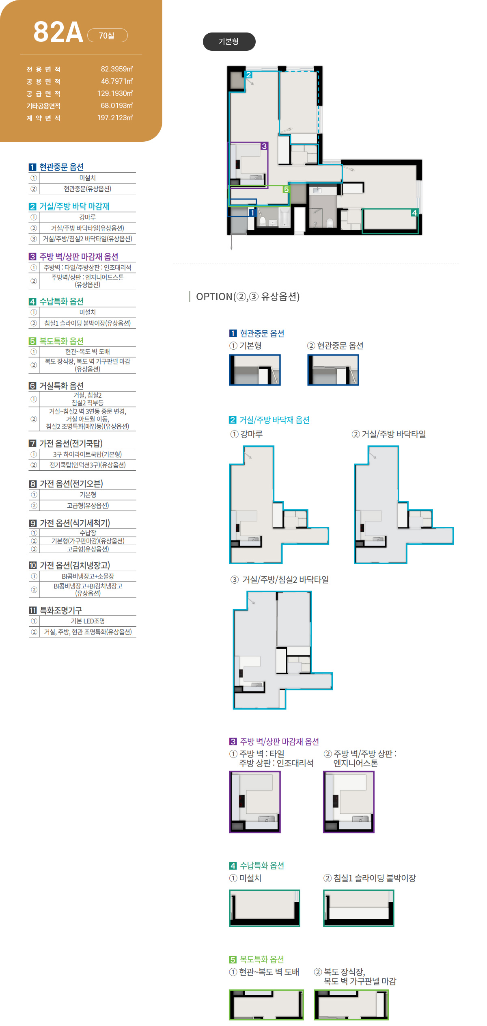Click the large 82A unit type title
[58, 32]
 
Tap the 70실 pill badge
[108, 35]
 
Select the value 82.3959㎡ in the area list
[117, 69]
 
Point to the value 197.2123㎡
[115, 118]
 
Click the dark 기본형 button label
[229, 41]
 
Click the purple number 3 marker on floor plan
[264, 146]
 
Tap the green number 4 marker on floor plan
[414, 213]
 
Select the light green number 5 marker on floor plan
[286, 189]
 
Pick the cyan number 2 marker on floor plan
[249, 75]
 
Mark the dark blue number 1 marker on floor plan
[252, 212]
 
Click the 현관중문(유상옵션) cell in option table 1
[87, 189]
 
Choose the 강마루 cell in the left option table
[87, 217]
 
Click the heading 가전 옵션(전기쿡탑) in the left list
[71, 443]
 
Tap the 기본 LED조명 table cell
[88, 621]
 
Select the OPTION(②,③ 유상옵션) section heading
[248, 297]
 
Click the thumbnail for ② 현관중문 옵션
[333, 370]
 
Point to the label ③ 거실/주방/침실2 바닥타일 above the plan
[280, 580]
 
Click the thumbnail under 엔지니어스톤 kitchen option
[349, 802]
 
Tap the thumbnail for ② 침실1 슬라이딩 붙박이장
[359, 908]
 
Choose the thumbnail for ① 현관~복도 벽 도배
[266, 1004]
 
